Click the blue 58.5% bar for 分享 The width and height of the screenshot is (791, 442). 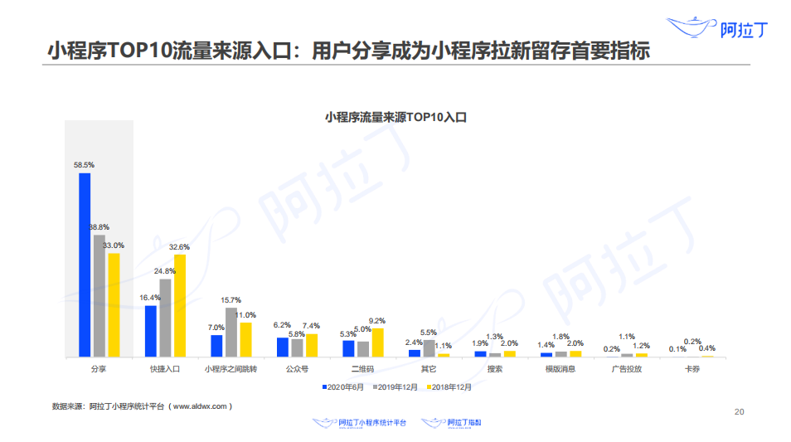click(x=85, y=265)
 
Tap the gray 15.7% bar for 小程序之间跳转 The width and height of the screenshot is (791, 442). click(x=231, y=332)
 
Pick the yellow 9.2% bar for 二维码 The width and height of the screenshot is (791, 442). click(x=378, y=342)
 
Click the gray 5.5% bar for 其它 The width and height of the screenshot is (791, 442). click(x=429, y=348)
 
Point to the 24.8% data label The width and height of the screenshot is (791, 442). click(x=164, y=271)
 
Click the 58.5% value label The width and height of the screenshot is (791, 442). click(x=84, y=165)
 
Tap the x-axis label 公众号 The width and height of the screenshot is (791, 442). click(x=297, y=369)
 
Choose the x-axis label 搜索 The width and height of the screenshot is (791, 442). click(x=495, y=369)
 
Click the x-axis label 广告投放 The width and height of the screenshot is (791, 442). click(x=627, y=369)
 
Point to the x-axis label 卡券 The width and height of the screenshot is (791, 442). click(x=692, y=369)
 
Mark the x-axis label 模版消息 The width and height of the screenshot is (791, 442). click(x=560, y=369)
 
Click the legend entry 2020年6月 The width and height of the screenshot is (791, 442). click(x=343, y=386)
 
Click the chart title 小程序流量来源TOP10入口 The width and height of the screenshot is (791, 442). click(x=395, y=118)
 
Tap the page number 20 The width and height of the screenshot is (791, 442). click(x=740, y=411)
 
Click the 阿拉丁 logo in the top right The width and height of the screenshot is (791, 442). click(x=719, y=29)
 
